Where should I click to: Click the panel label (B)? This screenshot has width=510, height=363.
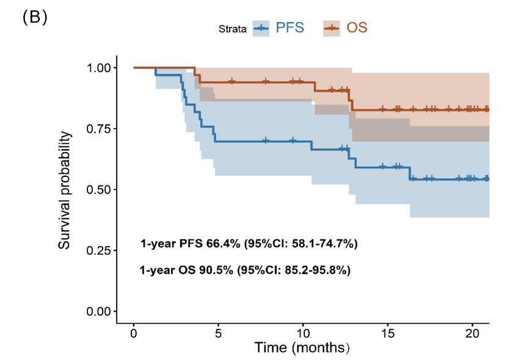pyautogui.click(x=35, y=18)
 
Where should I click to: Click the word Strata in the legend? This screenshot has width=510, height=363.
pyautogui.click(x=233, y=29)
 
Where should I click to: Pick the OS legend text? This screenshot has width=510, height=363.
pyautogui.click(x=357, y=28)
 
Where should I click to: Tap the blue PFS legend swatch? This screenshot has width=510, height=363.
pyautogui.click(x=261, y=28)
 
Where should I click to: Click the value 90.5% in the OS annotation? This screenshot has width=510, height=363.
pyautogui.click(x=217, y=270)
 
